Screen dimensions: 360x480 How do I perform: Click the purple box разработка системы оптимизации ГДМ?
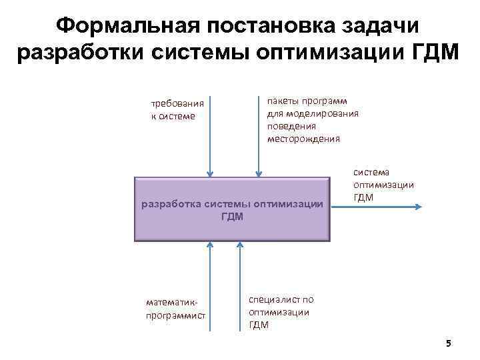[232, 209]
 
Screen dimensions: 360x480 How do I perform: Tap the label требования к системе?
[178, 109]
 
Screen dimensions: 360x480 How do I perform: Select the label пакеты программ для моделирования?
[312, 107]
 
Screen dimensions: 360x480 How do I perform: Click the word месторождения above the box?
[303, 139]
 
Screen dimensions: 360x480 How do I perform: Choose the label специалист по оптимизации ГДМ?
[280, 312]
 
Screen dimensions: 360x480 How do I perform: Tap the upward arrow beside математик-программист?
[211, 287]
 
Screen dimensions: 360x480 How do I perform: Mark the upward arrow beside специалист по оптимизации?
[238, 287]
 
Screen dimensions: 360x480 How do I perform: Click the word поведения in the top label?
[291, 126]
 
